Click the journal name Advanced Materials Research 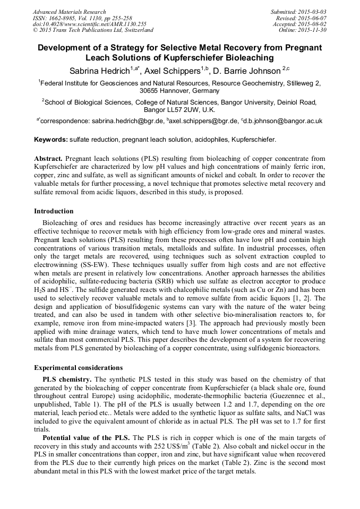(x=69, y=12)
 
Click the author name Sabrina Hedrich (x=99, y=71)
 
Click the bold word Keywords (x=50, y=140)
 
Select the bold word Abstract (x=48, y=159)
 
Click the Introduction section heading (x=54, y=211)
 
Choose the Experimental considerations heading (x=78, y=367)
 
